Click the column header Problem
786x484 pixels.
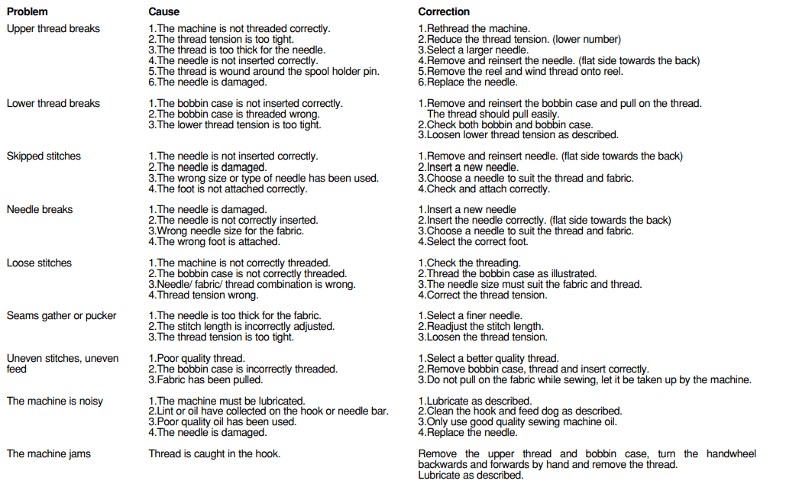27,11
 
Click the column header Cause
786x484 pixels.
163,11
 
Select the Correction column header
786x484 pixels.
444,11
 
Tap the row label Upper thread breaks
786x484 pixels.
53,29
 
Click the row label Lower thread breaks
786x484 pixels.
53,103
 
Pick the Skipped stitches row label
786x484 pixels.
44,156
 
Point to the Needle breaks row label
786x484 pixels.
39,209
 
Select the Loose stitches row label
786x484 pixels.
39,263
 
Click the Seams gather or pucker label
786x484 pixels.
61,315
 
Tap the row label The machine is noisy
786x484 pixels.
54,401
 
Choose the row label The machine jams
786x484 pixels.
48,453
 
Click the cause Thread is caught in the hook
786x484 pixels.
214,453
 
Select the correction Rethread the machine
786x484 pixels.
474,29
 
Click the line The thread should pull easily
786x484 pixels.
493,114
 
